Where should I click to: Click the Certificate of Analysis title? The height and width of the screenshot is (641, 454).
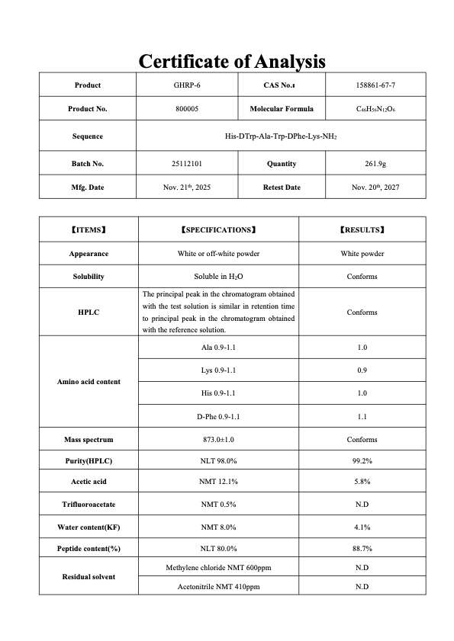(232, 61)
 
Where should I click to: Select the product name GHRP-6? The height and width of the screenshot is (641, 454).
(187, 85)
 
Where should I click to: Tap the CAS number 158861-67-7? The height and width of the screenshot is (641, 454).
(375, 85)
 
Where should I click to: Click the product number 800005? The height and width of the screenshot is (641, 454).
(187, 109)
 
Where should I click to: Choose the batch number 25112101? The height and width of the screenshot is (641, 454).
(187, 164)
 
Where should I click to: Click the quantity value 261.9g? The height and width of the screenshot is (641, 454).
(375, 164)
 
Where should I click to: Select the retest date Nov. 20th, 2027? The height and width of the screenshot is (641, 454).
(375, 187)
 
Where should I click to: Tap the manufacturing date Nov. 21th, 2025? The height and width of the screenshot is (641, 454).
(187, 187)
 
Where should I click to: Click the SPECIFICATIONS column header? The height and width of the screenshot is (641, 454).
(218, 229)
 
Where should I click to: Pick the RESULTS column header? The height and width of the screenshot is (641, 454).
(362, 229)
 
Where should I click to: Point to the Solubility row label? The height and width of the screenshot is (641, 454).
(89, 277)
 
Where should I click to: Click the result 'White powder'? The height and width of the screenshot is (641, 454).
(362, 254)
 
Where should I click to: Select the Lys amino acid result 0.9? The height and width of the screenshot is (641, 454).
(362, 370)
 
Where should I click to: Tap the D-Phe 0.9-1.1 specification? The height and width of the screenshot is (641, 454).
(218, 416)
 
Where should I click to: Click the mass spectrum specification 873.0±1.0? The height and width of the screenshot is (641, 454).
(218, 440)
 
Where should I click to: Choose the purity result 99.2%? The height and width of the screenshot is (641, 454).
(362, 461)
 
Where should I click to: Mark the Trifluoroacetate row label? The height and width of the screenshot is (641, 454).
(89, 505)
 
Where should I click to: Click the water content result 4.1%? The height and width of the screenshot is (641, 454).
(362, 527)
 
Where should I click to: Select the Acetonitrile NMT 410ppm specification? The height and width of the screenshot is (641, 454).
(218, 587)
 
